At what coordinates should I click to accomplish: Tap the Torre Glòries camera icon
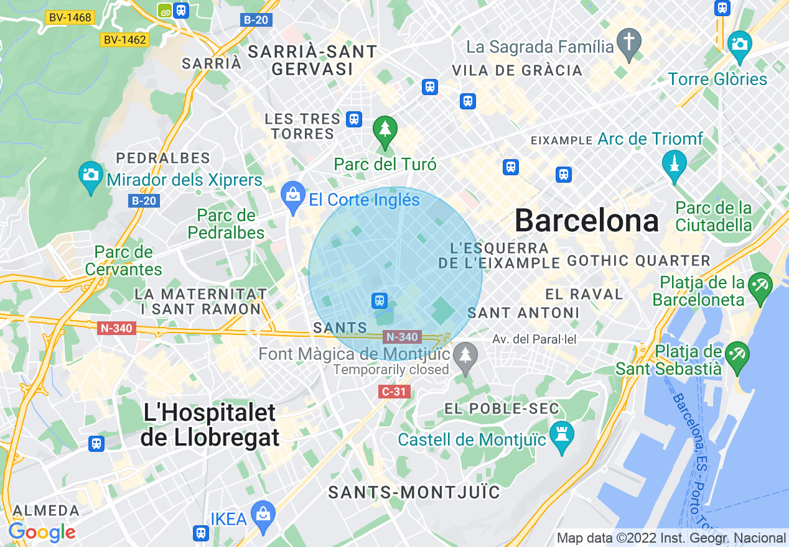click(739, 45)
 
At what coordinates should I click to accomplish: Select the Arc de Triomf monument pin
click(674, 164)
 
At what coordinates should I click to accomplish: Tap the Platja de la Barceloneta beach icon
click(760, 287)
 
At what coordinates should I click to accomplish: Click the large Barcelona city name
click(587, 221)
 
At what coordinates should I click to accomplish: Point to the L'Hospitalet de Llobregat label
click(210, 425)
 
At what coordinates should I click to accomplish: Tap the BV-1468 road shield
click(70, 17)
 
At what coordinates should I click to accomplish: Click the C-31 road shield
click(394, 392)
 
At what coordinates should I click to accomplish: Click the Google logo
click(42, 532)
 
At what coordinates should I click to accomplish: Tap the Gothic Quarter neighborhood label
click(638, 261)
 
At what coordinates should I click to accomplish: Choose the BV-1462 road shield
click(124, 40)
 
